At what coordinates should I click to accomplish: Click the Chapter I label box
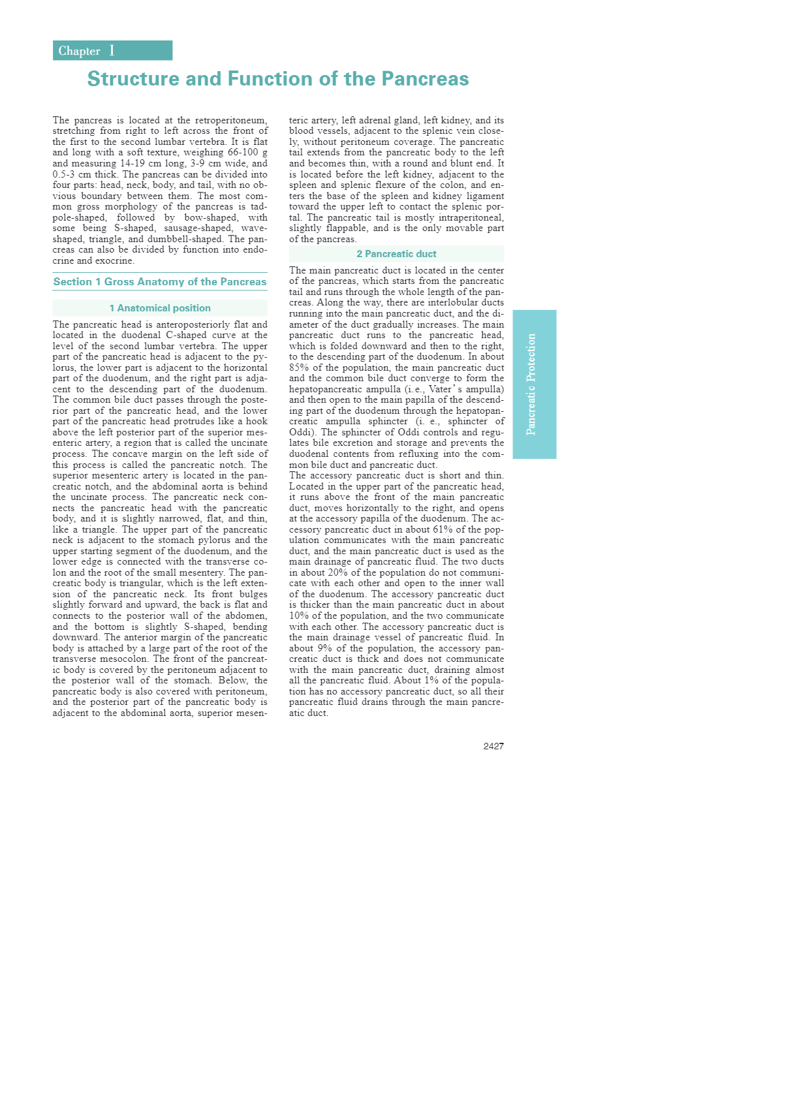(112, 51)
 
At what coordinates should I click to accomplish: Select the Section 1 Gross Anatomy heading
(160, 282)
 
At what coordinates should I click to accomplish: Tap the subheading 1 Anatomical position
(160, 308)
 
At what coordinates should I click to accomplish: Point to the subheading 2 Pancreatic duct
(396, 254)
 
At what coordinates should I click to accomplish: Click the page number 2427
(493, 746)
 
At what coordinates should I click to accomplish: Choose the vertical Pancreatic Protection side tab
(534, 384)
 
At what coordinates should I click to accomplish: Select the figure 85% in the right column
(298, 367)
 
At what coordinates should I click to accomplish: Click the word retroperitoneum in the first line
(231, 120)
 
